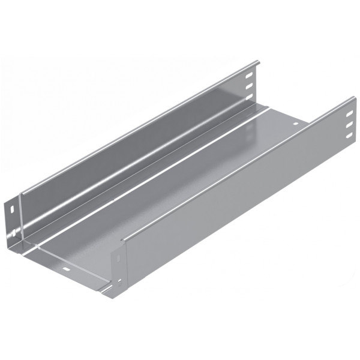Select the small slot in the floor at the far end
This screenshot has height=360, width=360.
(295, 124)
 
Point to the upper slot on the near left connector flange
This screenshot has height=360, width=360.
(13, 209)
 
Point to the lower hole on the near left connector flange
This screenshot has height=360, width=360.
(12, 230)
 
